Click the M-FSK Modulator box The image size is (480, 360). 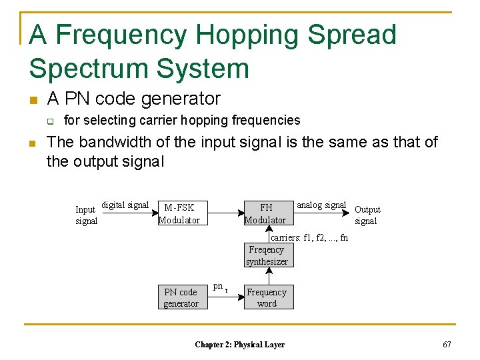(179, 213)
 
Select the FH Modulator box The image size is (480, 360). (265, 213)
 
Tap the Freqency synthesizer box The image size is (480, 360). (267, 256)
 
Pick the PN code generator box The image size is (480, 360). (181, 297)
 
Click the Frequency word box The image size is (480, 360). (267, 297)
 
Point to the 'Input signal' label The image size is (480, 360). (86, 215)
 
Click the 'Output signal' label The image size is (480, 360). (367, 215)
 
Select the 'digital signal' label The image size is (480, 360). (125, 205)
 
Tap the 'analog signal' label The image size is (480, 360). (321, 205)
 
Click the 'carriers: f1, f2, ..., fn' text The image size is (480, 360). (309, 238)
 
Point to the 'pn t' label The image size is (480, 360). (220, 287)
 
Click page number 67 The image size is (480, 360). (447, 344)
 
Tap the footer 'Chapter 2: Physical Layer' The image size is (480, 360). (239, 345)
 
